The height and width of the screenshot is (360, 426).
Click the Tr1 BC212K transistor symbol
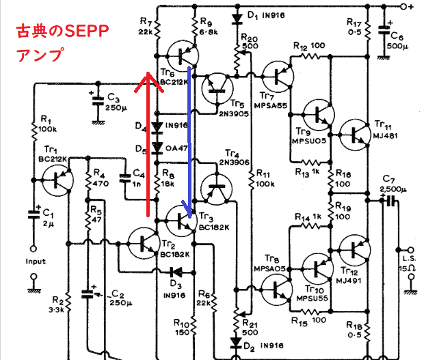58,180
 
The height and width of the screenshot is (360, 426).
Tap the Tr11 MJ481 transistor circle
355,135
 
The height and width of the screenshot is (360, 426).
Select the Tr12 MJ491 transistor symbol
355,250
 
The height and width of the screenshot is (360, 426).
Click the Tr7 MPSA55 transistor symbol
278,77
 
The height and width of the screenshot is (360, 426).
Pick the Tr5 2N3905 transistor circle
217,89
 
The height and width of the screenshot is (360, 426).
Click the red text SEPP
86,31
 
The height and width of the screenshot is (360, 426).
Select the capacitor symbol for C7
390,201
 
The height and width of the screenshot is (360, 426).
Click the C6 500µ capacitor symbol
384,30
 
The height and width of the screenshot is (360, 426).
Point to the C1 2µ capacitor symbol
34,214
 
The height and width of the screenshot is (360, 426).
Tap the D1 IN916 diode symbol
237,19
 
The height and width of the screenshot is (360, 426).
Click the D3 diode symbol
176,272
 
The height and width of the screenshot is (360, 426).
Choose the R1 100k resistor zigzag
34,133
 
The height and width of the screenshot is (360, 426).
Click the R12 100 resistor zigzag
310,57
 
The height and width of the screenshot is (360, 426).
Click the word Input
36,262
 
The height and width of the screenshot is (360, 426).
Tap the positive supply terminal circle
403,6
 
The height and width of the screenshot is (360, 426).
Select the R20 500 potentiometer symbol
237,60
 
